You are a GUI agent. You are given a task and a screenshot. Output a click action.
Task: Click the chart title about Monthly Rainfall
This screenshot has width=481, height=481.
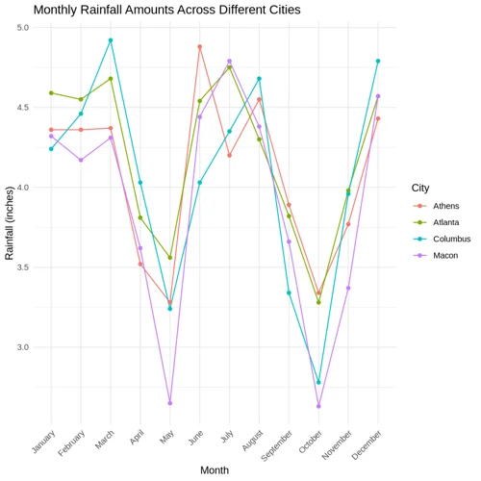[166, 10]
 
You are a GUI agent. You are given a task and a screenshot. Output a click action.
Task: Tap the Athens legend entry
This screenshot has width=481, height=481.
[445, 206]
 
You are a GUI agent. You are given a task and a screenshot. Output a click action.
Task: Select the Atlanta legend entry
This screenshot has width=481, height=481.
[445, 222]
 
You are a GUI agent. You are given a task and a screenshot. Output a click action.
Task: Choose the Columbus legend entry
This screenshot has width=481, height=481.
[450, 239]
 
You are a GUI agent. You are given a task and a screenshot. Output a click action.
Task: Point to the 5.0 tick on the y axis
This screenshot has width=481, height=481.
[23, 28]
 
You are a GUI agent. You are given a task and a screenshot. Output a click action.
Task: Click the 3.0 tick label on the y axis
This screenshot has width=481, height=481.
[23, 347]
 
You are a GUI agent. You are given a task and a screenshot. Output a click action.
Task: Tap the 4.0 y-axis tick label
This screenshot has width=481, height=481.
[23, 188]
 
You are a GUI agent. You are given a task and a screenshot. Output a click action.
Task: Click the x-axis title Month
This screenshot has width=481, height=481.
[215, 469]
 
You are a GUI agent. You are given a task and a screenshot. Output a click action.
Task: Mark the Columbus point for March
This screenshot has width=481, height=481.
[111, 40]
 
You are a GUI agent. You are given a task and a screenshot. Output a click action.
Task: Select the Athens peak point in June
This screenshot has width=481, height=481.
[199, 46]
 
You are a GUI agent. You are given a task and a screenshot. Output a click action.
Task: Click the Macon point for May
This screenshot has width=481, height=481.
[170, 403]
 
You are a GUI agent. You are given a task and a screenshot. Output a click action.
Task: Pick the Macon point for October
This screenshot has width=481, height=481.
[318, 406]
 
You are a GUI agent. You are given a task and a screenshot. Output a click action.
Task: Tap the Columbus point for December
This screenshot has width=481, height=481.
[378, 61]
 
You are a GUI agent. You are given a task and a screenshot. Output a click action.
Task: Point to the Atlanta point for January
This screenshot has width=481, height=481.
[51, 93]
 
